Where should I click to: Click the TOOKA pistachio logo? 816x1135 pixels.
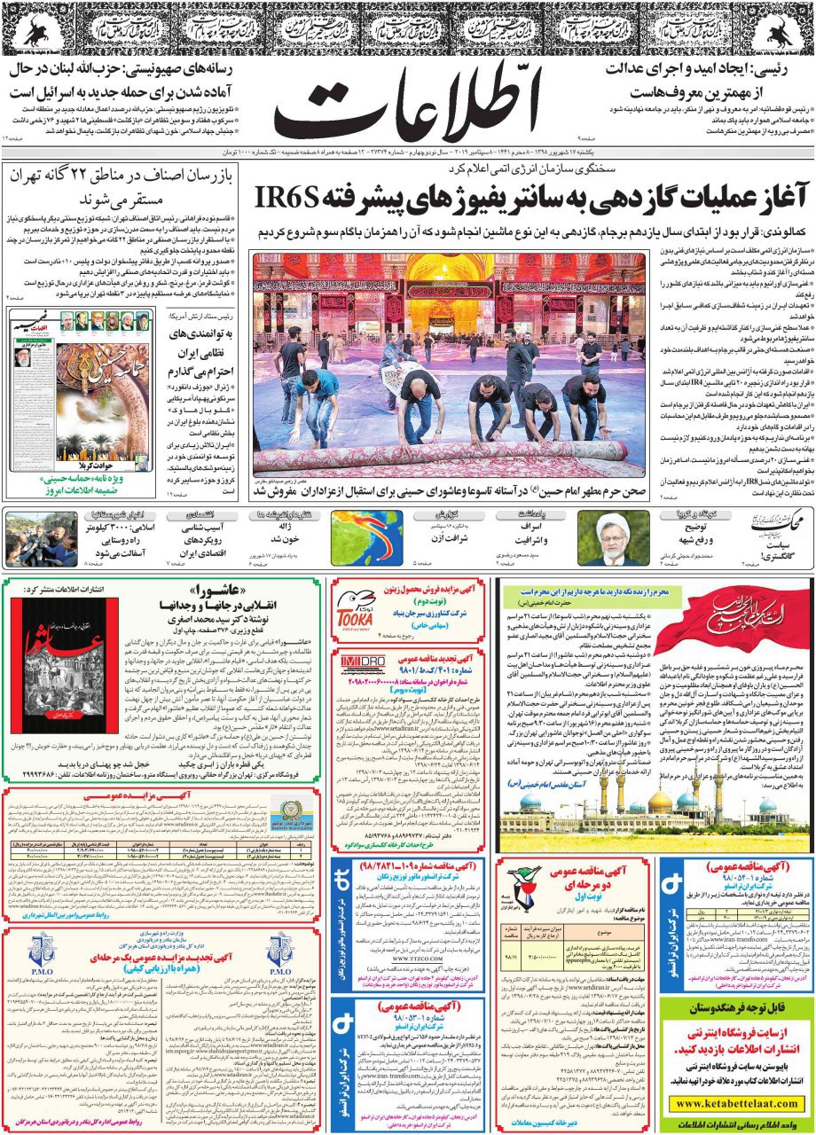click(x=355, y=604)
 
